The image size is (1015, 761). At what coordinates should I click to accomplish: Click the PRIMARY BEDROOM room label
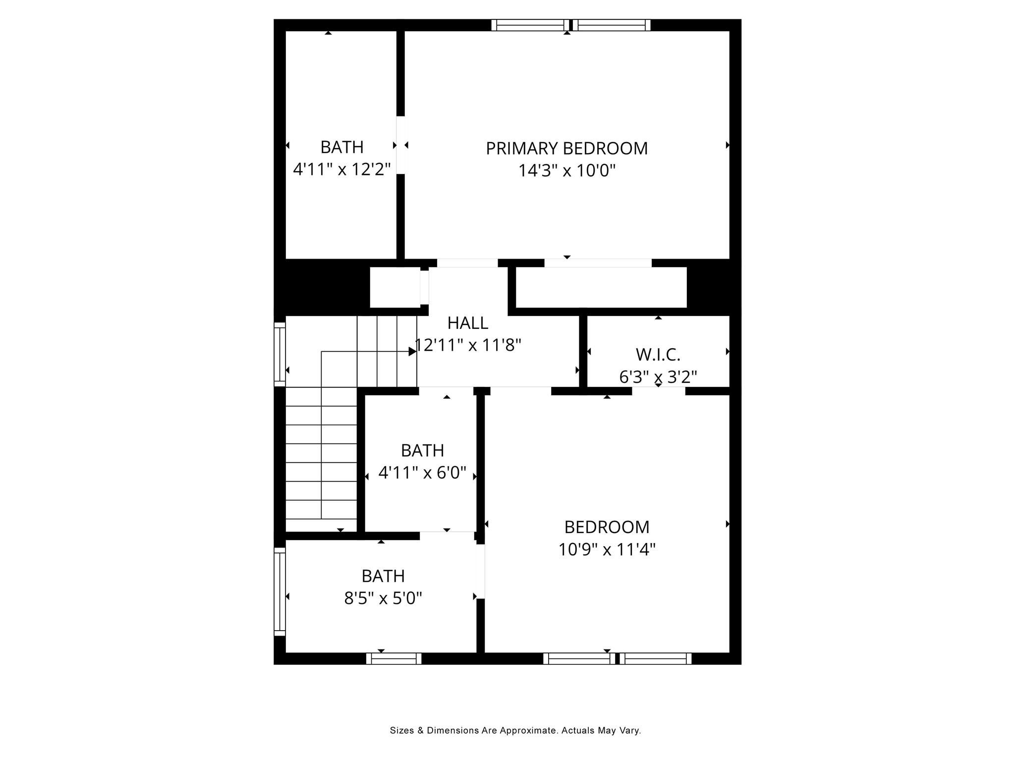click(566, 148)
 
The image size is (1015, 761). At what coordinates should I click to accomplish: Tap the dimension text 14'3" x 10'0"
click(566, 171)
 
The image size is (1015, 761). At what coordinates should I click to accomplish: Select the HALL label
click(468, 323)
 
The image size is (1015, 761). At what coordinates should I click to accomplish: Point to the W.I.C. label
click(658, 355)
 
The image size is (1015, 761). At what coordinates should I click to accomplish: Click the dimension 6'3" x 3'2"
click(658, 378)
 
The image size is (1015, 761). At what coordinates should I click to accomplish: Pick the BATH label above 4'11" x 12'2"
click(342, 147)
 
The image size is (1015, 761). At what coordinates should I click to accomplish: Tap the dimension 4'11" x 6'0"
click(422, 473)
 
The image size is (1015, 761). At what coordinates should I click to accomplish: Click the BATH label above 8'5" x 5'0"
click(383, 576)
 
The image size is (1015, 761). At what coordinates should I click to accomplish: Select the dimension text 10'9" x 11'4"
click(607, 549)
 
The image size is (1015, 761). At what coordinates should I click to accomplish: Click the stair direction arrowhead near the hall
click(412, 351)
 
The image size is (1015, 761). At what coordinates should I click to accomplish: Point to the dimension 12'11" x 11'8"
click(468, 345)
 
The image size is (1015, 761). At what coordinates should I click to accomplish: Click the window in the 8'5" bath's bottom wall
click(394, 658)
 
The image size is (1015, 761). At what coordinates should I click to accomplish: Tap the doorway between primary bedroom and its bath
click(401, 145)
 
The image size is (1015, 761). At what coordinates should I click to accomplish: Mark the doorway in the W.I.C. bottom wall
click(659, 391)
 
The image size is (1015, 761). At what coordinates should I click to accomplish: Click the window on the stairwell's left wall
click(280, 354)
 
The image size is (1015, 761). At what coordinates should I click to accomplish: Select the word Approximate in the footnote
click(527, 730)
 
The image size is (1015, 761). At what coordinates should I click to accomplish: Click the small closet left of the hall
click(395, 287)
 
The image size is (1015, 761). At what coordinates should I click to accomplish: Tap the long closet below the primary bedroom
click(601, 287)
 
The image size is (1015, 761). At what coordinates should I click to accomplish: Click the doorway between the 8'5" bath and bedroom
click(480, 572)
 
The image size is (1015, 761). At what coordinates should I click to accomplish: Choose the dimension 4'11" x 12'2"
click(342, 169)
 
